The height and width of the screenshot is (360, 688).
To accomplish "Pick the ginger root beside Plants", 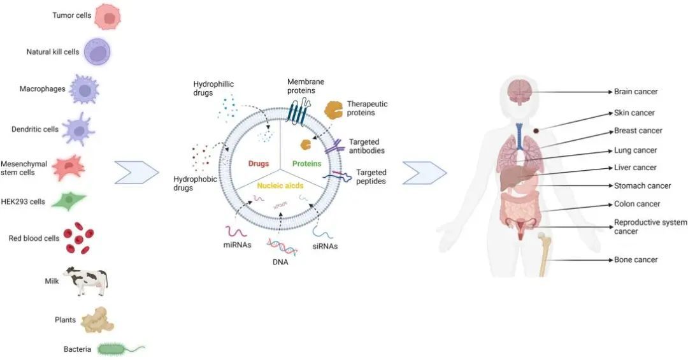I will point(97,320).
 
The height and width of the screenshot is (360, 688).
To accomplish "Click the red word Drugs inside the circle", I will point(259,164).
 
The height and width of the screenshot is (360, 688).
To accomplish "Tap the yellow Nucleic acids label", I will point(280,185).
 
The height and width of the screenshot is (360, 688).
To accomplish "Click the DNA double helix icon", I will point(282,246).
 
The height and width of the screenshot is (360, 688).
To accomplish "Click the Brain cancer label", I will point(635,92).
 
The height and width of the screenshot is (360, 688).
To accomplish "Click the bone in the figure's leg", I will point(543,255).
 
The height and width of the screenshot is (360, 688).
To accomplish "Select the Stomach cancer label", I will point(642,186).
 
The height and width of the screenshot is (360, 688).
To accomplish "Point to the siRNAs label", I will point(324,247).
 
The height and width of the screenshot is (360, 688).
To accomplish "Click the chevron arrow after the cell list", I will point(136,172).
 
